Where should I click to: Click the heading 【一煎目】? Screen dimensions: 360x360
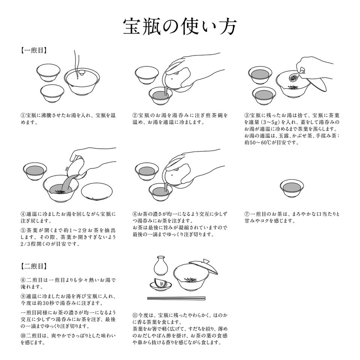click(34, 51)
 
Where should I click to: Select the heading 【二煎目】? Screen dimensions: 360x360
click(34, 266)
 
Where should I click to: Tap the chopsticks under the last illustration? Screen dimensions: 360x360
click(176, 298)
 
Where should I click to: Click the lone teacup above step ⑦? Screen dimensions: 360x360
click(292, 188)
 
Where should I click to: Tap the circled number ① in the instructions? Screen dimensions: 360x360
click(23, 115)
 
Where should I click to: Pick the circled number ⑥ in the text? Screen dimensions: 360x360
click(135, 214)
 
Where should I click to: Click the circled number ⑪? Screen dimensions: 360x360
click(135, 315)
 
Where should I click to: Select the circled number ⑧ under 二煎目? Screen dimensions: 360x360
click(23, 280)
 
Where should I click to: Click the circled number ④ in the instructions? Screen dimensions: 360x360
click(23, 214)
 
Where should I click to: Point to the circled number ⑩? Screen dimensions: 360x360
click(23, 336)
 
